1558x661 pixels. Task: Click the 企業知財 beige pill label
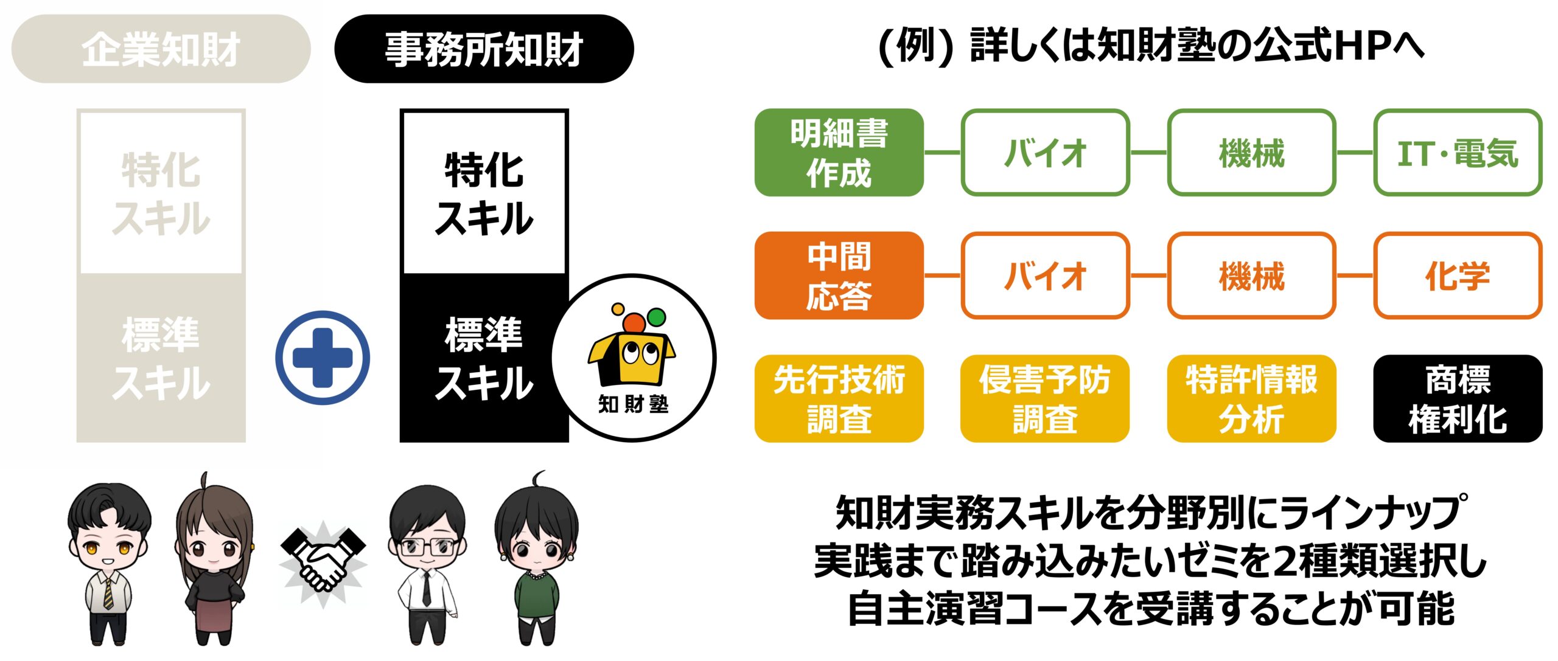(x=161, y=49)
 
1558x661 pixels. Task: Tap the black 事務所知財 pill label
(x=484, y=49)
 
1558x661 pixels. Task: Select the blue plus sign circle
(x=323, y=358)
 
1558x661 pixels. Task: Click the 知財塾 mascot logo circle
(x=634, y=358)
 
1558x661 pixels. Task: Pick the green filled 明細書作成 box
(x=839, y=153)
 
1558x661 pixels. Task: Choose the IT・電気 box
(x=1458, y=153)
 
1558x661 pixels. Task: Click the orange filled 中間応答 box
(x=839, y=275)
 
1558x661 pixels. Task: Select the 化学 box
(x=1458, y=275)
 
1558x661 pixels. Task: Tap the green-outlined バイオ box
(x=1045, y=153)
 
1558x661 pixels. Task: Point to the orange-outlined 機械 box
(x=1251, y=275)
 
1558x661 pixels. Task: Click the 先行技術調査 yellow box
(x=839, y=398)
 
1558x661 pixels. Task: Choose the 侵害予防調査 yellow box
(x=1045, y=398)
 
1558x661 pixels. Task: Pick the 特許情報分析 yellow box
(x=1251, y=398)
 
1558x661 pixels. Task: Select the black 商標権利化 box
(x=1458, y=398)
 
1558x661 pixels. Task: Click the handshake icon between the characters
(x=323, y=559)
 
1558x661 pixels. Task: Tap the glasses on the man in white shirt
(x=427, y=547)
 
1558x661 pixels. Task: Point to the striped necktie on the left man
(x=108, y=593)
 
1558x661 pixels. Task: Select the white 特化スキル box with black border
(x=484, y=192)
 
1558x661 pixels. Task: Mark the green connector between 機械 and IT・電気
(x=1355, y=153)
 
